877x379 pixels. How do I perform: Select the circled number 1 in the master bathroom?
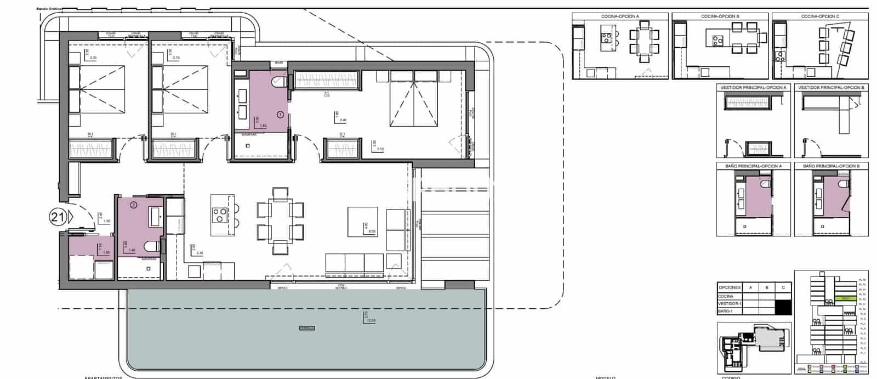(280, 115)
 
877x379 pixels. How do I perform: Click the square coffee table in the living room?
(362, 222)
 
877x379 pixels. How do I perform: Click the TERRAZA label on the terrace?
(307, 328)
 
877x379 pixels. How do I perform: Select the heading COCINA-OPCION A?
(620, 16)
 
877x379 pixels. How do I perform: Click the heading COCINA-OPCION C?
(820, 16)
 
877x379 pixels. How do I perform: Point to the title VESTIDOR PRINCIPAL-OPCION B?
(831, 88)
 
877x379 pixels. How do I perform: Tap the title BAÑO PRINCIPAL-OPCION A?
(754, 166)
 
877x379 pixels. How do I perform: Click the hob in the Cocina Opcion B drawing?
(717, 39)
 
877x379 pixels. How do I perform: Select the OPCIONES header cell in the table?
(730, 287)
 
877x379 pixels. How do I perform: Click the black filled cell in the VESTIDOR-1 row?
(784, 307)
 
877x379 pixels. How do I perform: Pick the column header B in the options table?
(767, 287)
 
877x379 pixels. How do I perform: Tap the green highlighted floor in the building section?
(845, 298)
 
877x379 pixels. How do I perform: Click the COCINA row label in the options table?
(727, 296)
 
